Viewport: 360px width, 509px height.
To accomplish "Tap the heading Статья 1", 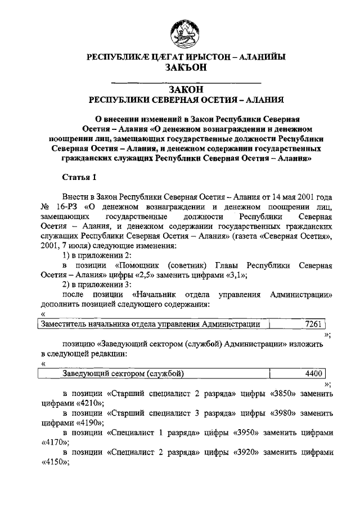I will click(80, 177).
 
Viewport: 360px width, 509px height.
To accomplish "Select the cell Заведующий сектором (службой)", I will click(123, 373).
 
